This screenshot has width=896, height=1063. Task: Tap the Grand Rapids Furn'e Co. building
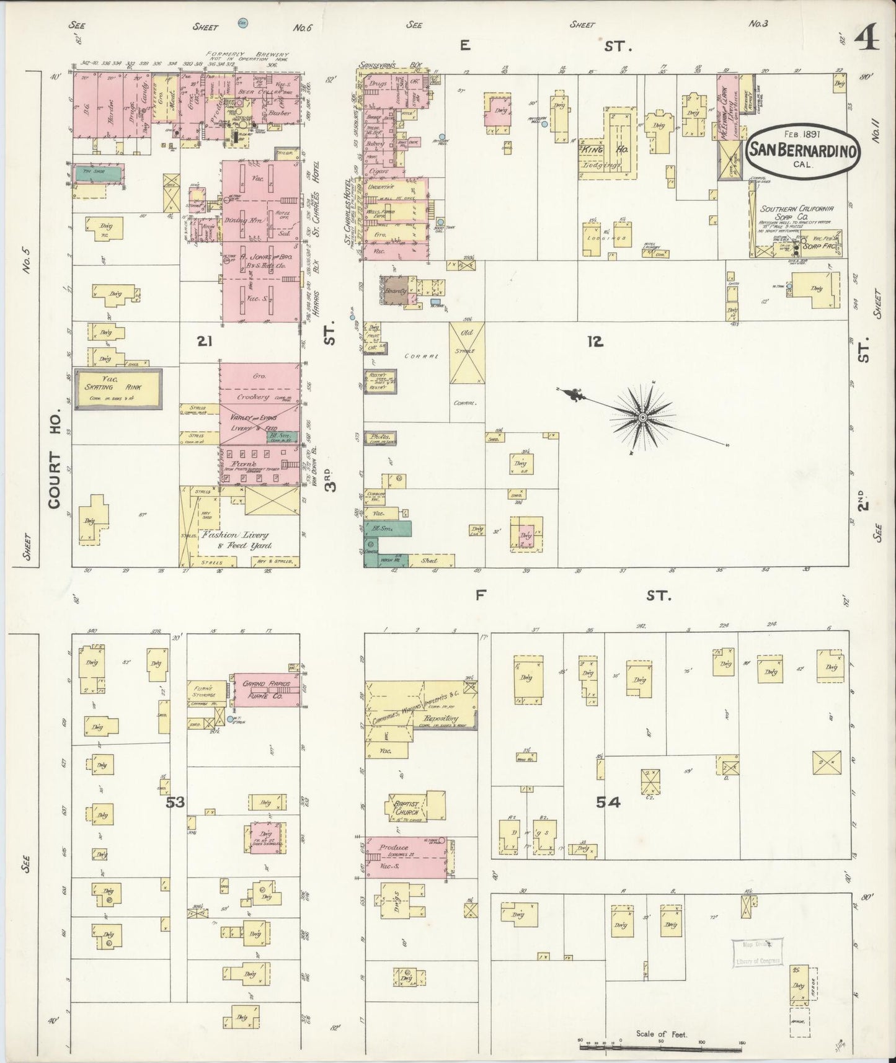(x=267, y=688)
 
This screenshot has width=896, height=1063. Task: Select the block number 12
(x=595, y=340)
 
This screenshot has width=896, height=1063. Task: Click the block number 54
(x=608, y=803)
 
